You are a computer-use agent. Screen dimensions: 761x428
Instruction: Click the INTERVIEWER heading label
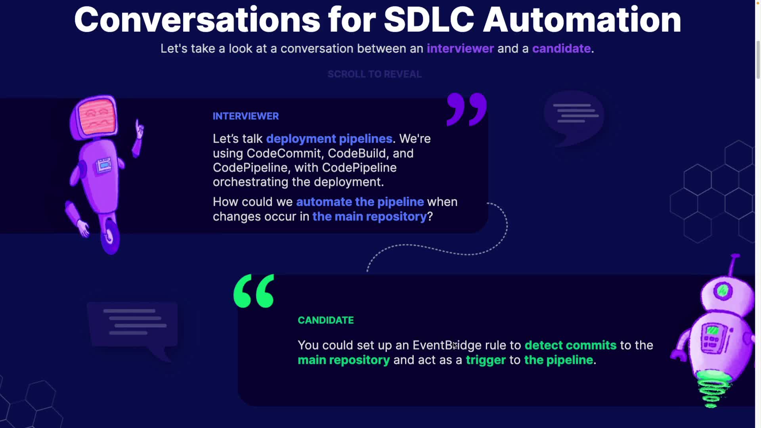[246, 116]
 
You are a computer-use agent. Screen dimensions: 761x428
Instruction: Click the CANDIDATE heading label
[326, 320]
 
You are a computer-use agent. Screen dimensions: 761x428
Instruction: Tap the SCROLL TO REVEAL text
[375, 74]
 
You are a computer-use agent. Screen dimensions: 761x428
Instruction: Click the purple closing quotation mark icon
[467, 109]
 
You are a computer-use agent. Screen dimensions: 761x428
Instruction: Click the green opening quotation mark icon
[254, 291]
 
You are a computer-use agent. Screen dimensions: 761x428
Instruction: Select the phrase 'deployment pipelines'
[329, 139]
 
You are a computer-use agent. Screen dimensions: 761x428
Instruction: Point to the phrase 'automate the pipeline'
[360, 202]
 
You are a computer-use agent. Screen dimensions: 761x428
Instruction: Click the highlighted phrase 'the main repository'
[369, 216]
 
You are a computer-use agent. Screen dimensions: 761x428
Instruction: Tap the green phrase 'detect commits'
[570, 345]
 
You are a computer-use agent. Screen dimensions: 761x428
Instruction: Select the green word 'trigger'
[486, 360]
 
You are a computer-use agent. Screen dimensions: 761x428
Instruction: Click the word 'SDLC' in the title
[429, 20]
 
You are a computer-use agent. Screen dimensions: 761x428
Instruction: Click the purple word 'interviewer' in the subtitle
[460, 48]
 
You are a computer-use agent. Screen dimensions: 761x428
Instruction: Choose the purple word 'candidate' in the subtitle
[561, 48]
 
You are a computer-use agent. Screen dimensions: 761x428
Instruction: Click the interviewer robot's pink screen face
[96, 117]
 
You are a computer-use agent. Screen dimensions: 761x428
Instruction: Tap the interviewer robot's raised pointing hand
[139, 129]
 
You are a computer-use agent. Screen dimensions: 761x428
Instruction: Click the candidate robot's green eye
[723, 291]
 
